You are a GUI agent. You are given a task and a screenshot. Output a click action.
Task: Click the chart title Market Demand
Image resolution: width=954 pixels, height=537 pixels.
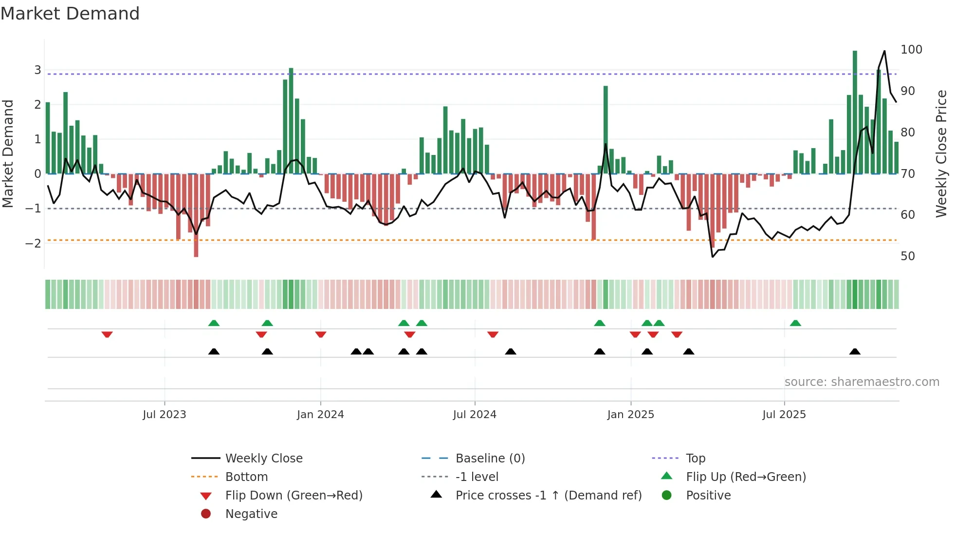click(70, 13)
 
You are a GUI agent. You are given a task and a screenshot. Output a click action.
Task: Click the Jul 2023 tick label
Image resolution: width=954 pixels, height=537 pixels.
click(165, 414)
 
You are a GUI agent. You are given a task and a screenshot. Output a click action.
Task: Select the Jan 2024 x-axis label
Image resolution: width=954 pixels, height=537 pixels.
click(320, 414)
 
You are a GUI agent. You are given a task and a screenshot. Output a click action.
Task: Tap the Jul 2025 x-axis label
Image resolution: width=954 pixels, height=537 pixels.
click(784, 414)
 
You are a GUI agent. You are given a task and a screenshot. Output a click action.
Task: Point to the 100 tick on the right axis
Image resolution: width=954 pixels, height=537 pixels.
click(911, 49)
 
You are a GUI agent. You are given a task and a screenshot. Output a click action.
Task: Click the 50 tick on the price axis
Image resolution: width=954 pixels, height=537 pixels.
click(908, 256)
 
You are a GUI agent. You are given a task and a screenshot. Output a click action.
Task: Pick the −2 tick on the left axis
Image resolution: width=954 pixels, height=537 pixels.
click(33, 243)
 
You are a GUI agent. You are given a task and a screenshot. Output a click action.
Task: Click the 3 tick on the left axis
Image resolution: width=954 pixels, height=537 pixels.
click(37, 70)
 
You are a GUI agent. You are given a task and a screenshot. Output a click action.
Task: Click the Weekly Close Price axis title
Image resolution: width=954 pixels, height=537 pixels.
click(941, 153)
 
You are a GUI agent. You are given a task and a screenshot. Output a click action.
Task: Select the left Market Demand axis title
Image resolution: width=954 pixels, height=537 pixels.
click(8, 153)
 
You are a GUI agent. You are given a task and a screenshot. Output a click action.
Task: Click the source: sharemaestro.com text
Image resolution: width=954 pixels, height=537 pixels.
click(862, 382)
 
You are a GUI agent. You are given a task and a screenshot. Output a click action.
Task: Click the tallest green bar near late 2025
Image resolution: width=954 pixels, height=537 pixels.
click(855, 112)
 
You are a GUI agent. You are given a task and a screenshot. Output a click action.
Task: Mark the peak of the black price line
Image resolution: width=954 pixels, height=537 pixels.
click(884, 51)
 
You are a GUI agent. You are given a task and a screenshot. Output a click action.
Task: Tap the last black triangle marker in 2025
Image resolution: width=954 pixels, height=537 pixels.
click(855, 351)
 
